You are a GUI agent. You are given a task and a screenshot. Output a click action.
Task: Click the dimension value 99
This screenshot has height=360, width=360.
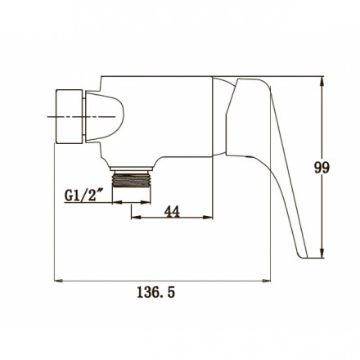coord(322,167)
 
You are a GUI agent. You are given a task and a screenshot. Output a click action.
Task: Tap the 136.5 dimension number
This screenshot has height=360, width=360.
coord(155,292)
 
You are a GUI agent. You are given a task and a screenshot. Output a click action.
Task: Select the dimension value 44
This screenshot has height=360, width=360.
coord(172,211)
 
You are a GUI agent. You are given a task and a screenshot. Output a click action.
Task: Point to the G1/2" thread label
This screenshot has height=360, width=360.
coord(81,195)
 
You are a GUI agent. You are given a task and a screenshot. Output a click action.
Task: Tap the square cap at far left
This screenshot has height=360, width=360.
coord(69,116)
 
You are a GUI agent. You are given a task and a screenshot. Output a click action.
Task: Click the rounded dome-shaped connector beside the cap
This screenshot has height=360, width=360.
coord(105,117)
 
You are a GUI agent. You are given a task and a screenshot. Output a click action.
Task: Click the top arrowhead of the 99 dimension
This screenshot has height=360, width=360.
coord(322,81)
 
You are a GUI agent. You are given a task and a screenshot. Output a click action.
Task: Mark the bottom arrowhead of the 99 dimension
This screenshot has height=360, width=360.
coord(322,254)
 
